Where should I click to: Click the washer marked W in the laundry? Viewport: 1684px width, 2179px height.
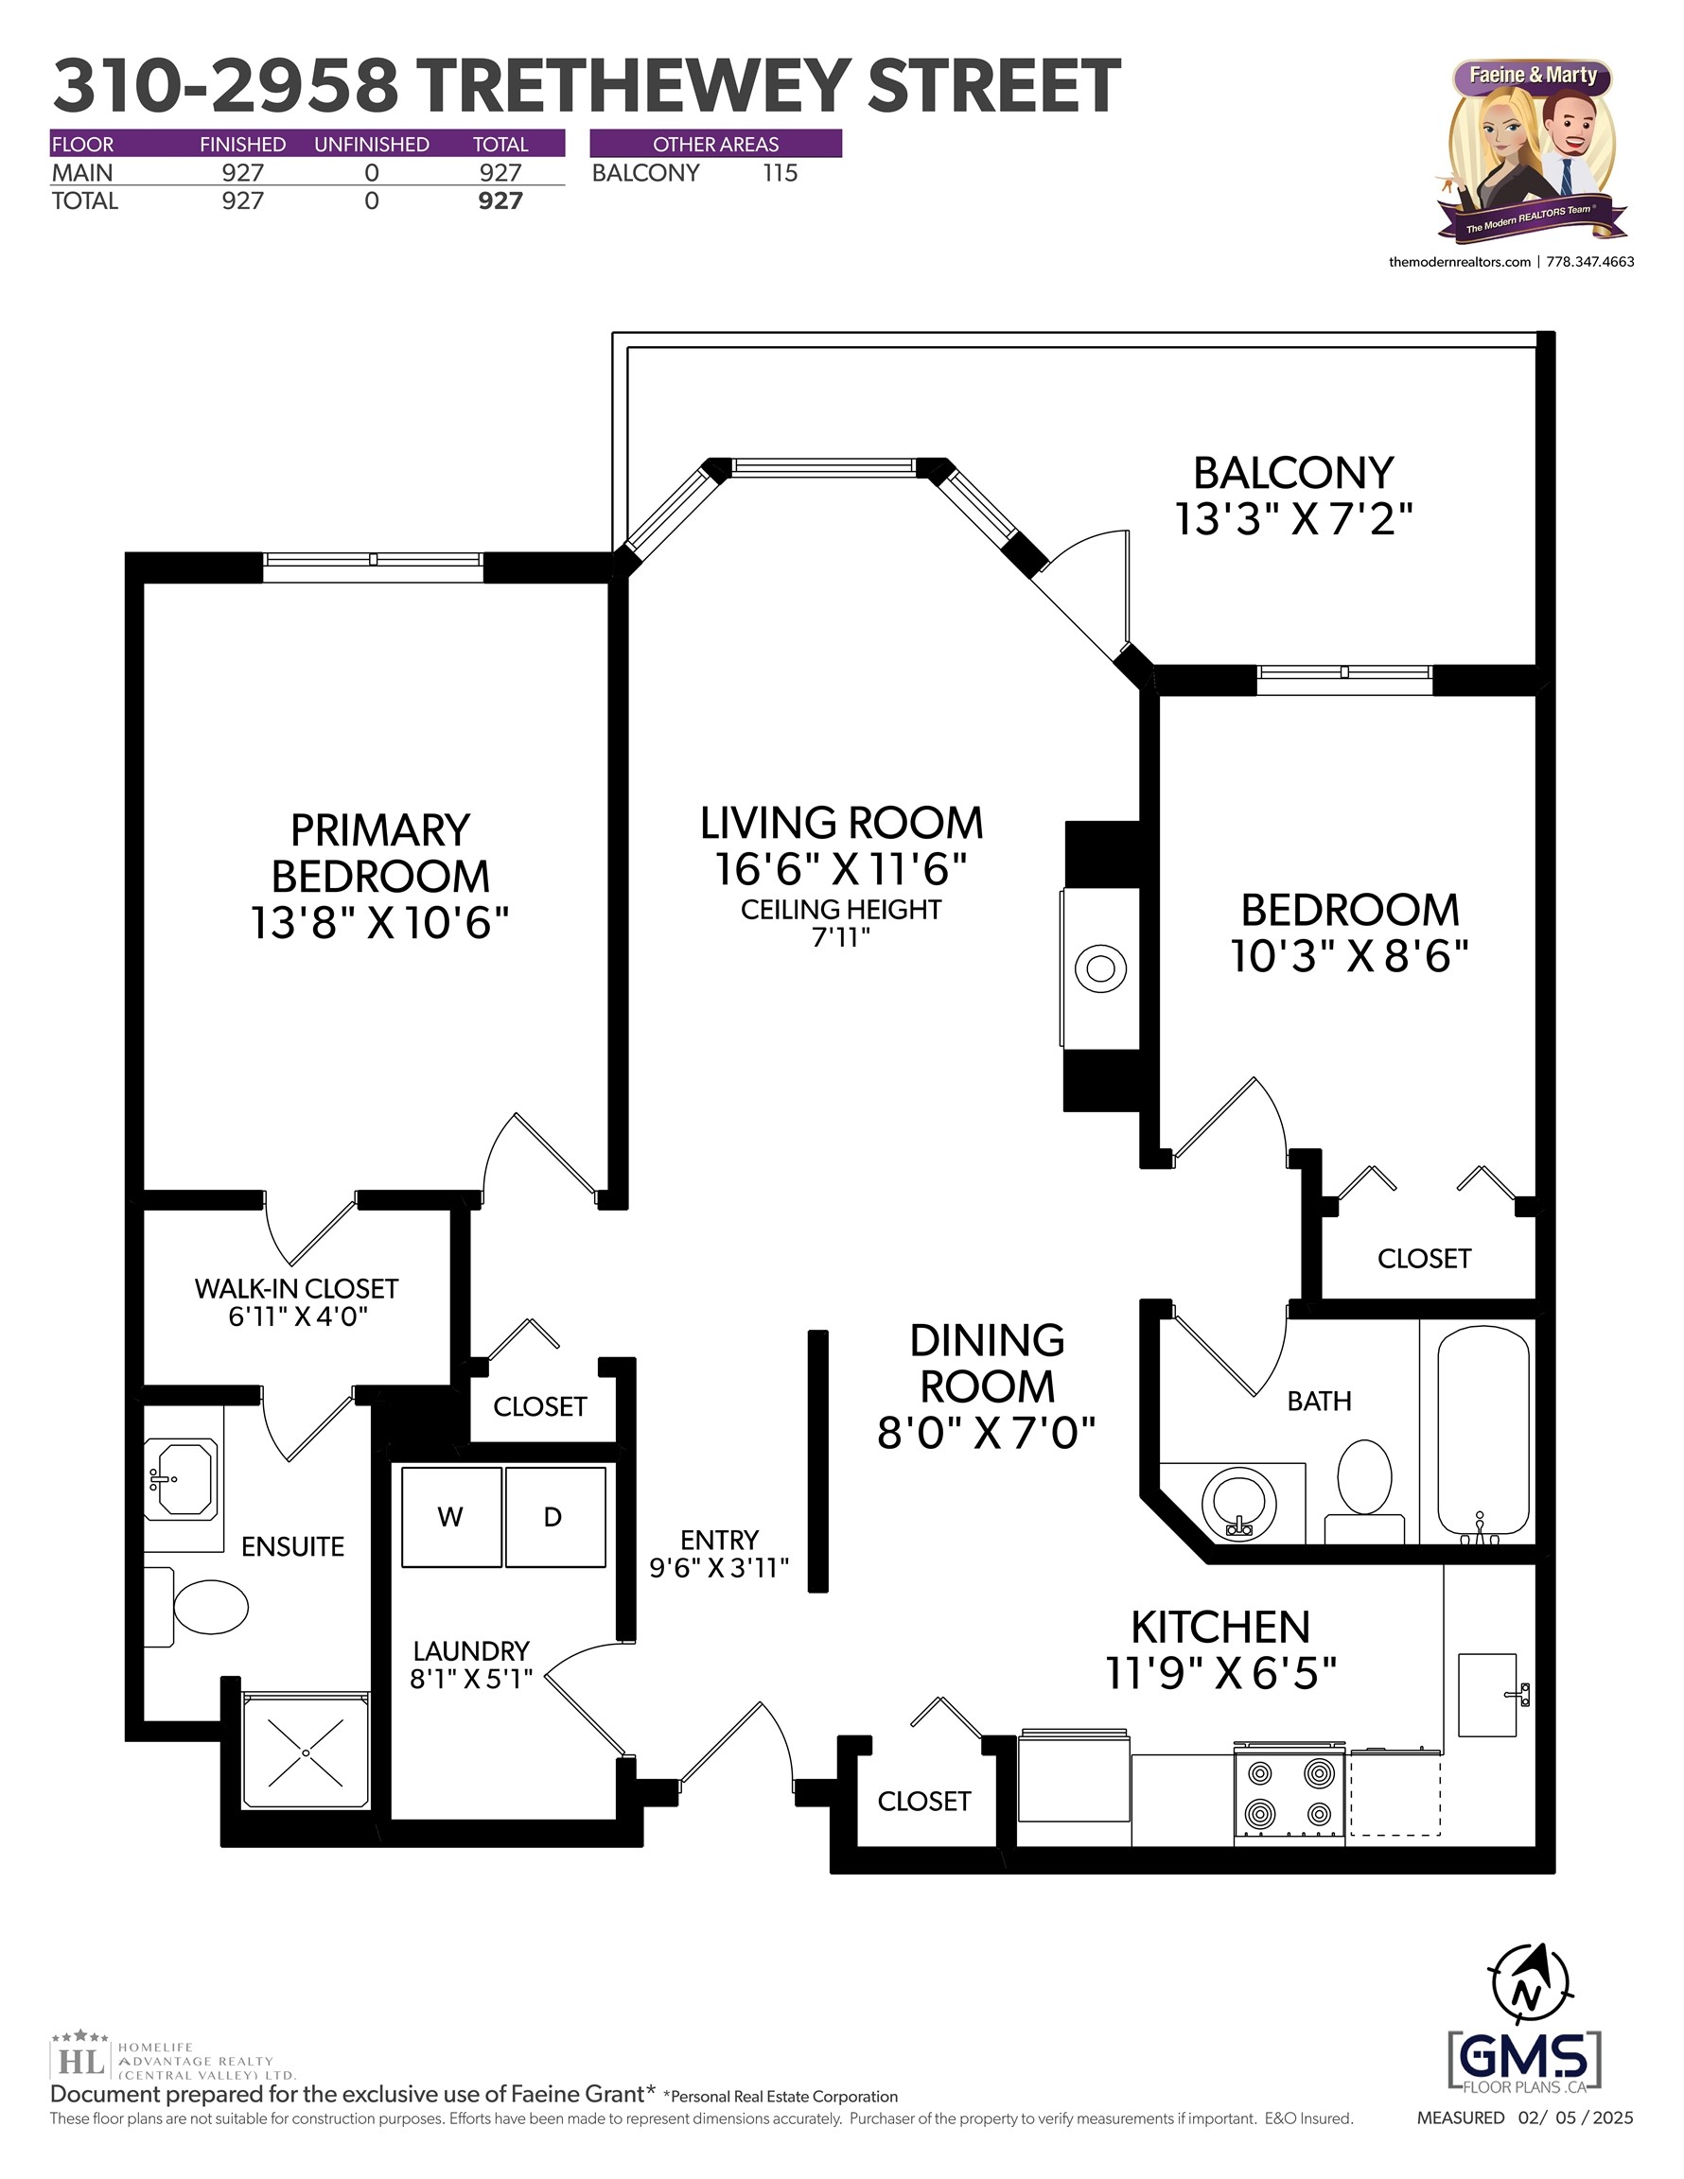point(451,1517)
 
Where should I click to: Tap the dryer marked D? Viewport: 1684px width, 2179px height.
point(555,1517)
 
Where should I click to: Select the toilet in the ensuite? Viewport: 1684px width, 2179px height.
point(198,1606)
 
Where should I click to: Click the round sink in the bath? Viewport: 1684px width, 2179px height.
point(1238,1503)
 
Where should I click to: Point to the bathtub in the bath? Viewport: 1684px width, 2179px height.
point(1483,1433)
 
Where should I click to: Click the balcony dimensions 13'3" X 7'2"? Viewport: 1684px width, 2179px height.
point(1293,520)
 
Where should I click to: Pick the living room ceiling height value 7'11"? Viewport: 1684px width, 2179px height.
point(840,937)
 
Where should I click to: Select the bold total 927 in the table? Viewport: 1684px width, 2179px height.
point(500,200)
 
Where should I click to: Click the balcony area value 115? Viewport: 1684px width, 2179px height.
point(780,173)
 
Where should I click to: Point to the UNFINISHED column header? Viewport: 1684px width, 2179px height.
point(372,145)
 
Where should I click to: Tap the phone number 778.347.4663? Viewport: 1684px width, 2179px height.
point(1590,262)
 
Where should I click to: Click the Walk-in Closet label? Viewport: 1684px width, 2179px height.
point(296,1289)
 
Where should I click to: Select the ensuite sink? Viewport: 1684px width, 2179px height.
point(181,1478)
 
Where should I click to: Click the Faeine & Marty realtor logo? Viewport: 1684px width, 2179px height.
point(1533,150)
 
